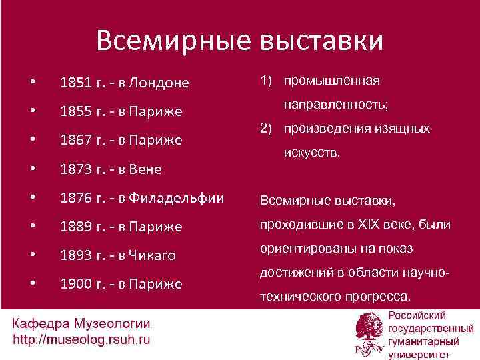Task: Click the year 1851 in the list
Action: (75, 83)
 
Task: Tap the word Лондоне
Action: (159, 83)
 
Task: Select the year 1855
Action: (75, 111)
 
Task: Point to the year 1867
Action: (75, 141)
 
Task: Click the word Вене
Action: (147, 169)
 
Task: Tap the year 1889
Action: (75, 227)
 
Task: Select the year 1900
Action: (75, 284)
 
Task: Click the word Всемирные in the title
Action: (173, 41)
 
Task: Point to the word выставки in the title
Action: (320, 41)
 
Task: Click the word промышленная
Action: (332, 81)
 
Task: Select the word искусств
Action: (312, 153)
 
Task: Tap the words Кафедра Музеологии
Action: (81, 325)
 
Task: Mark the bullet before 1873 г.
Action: (32, 169)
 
